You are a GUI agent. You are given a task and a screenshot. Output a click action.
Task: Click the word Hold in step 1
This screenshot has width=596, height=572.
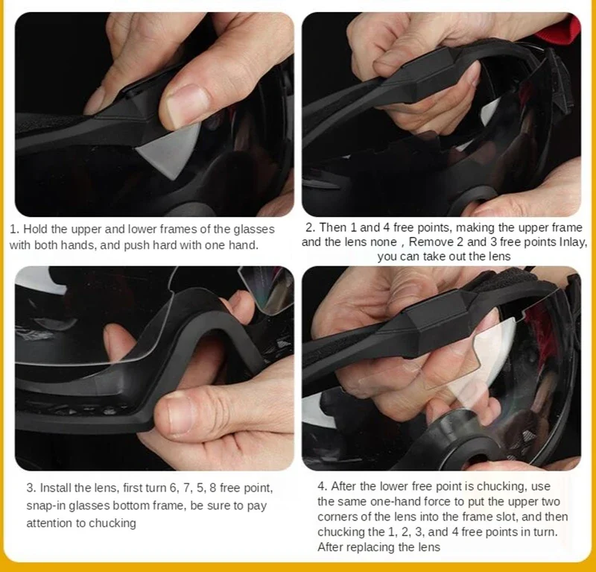(35, 229)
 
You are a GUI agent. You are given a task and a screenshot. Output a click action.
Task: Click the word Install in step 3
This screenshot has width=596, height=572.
(54, 488)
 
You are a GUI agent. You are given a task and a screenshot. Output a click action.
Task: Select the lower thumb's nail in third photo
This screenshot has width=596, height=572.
(173, 415)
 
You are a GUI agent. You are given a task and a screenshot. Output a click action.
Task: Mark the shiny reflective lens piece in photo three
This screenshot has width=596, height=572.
(268, 289)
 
